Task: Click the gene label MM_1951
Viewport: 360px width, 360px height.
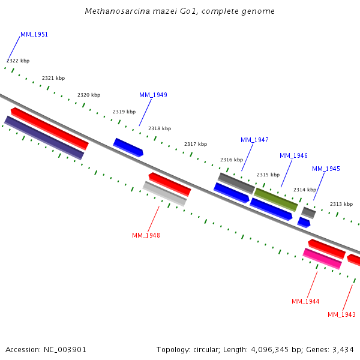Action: (x=34, y=34)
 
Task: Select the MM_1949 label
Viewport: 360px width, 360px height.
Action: (x=153, y=95)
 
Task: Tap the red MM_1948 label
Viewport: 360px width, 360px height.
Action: (x=146, y=235)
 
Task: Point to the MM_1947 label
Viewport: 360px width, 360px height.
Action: (x=254, y=140)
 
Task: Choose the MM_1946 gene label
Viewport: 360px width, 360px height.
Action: (x=293, y=155)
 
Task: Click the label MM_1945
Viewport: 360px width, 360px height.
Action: (x=326, y=169)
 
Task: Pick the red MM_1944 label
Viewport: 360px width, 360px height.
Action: (x=305, y=301)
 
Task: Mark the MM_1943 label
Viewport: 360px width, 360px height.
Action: (x=341, y=314)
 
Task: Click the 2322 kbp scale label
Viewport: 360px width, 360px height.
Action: (x=18, y=61)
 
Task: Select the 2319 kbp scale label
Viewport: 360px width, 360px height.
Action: (x=124, y=112)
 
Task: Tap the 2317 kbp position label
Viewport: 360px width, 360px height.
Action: (x=196, y=144)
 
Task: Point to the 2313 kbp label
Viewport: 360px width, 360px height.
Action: (x=341, y=204)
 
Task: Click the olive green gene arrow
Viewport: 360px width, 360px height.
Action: (x=276, y=199)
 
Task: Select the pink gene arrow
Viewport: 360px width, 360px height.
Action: (x=322, y=259)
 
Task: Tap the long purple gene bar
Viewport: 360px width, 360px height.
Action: (x=44, y=138)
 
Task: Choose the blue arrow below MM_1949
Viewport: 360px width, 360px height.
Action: (x=128, y=147)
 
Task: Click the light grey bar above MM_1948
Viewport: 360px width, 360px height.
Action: (x=164, y=194)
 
